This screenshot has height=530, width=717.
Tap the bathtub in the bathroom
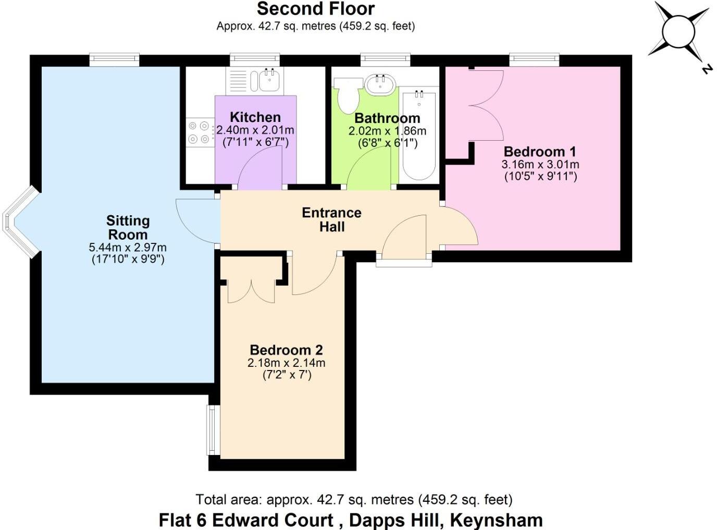tap(418, 135)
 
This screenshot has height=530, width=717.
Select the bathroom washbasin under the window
tap(379, 85)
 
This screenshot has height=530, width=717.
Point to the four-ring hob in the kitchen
tap(199, 132)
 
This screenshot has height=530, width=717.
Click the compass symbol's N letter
tap(706, 68)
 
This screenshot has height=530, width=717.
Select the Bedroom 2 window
tap(212, 430)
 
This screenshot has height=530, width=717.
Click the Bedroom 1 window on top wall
tap(534, 60)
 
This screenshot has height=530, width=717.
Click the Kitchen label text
tap(255, 117)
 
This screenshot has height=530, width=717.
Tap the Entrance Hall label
tap(331, 219)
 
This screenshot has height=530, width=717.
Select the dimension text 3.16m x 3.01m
tap(540, 165)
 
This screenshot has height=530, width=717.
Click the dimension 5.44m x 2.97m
tap(128, 248)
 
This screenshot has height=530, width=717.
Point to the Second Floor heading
tap(315, 9)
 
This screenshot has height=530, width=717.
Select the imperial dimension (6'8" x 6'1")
tap(387, 143)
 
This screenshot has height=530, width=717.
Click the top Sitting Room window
tap(114, 60)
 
